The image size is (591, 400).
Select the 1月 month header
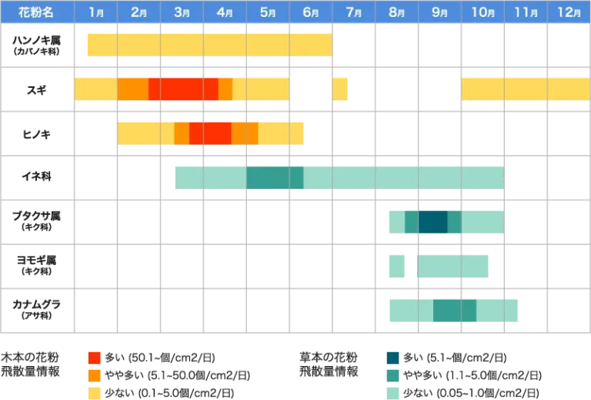pyautogui.click(x=95, y=12)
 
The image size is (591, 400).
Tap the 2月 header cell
pyautogui.click(x=139, y=12)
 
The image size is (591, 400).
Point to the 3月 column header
pyautogui.click(x=182, y=12)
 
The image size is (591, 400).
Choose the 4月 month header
pyautogui.click(x=225, y=12)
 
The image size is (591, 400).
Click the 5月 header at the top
pyautogui.click(x=268, y=12)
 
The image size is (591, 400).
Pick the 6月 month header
pyautogui.click(x=311, y=12)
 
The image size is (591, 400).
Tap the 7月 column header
pyautogui.click(x=354, y=12)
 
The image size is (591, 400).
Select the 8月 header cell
pyautogui.click(x=397, y=12)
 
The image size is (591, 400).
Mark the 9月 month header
pyautogui.click(x=440, y=12)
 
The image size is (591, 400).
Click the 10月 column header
pyautogui.click(x=482, y=12)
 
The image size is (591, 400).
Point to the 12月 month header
pyautogui.click(x=569, y=12)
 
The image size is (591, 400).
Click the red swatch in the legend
pyautogui.click(x=95, y=358)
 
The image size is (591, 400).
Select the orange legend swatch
pyautogui.click(x=95, y=375)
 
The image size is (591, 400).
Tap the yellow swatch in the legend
pyautogui.click(x=95, y=392)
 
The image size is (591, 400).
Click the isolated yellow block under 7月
pyautogui.click(x=341, y=89)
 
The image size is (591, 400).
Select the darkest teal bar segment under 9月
pyautogui.click(x=432, y=221)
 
